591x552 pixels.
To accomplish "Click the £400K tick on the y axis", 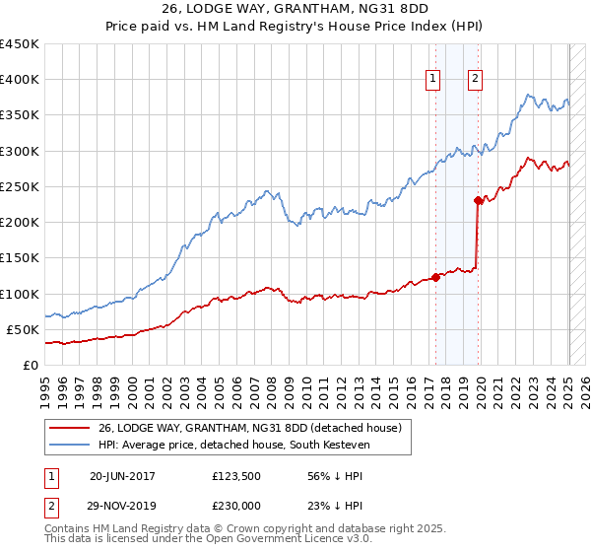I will tap(20, 80).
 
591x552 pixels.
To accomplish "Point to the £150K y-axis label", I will tap(20, 258).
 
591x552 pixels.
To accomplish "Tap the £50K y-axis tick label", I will tap(24, 329).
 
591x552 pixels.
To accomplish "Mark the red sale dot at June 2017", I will tap(435, 278).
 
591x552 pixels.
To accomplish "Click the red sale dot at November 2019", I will tap(478, 201).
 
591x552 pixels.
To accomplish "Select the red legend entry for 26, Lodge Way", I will tap(249, 429).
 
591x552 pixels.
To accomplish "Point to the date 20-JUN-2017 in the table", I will tap(122, 475).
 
